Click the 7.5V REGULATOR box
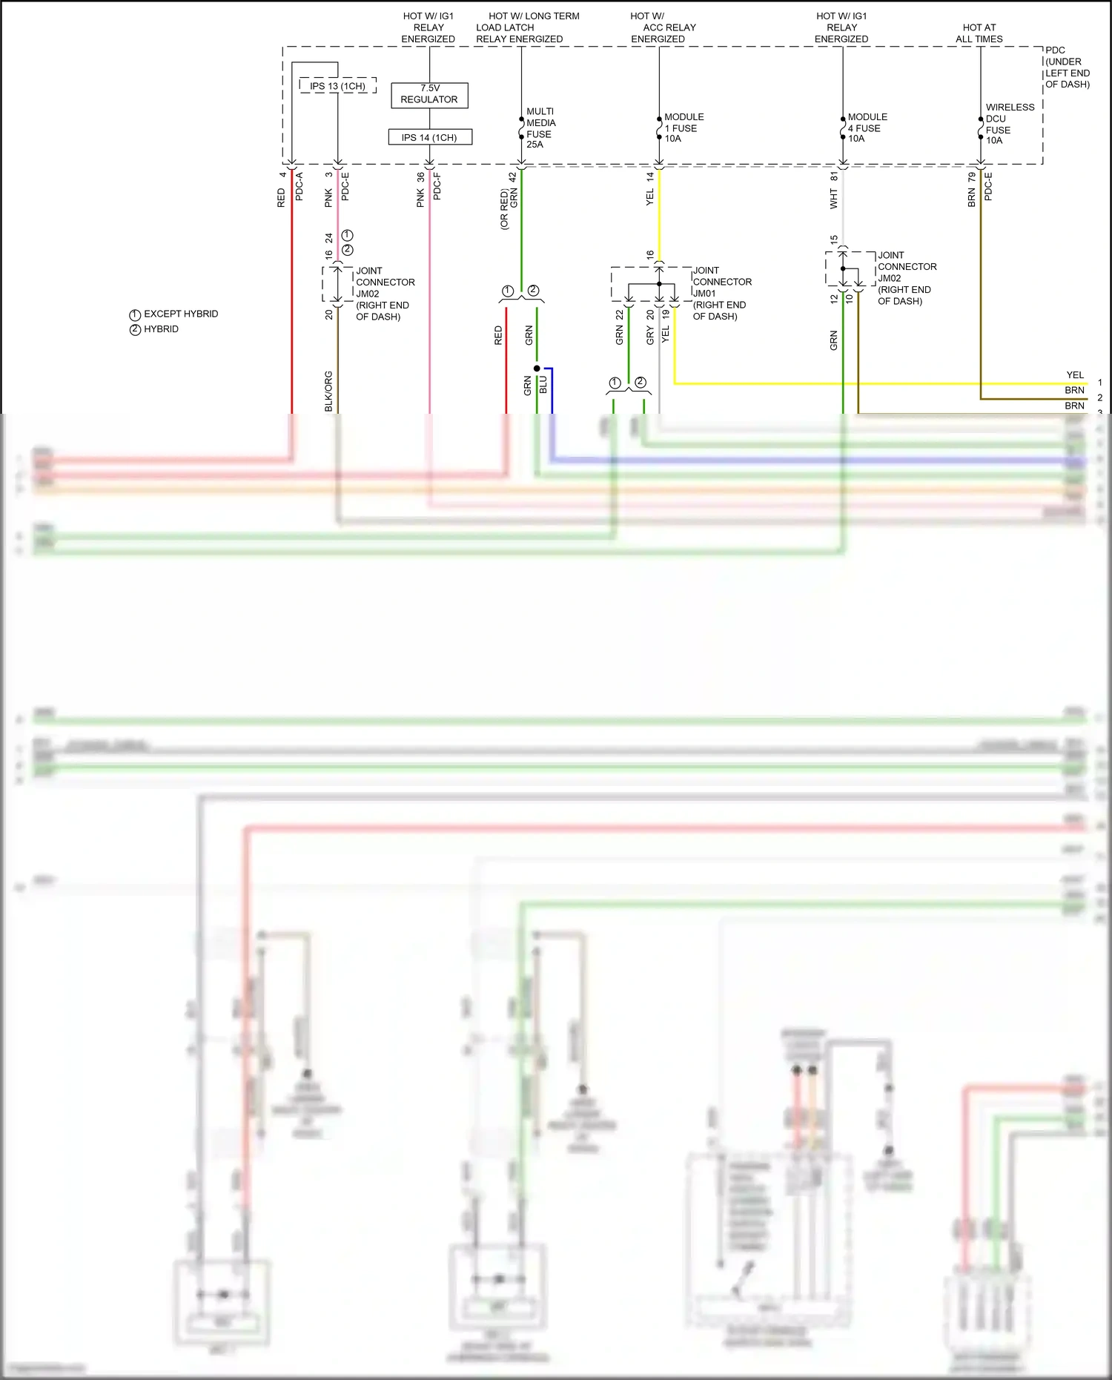(429, 94)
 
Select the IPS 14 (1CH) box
(429, 137)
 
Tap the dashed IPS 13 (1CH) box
(337, 86)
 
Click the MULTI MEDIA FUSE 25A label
(540, 128)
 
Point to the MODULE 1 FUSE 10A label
(684, 128)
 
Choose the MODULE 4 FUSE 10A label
(867, 128)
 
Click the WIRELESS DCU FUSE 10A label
(1009, 124)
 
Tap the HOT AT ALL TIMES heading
(979, 33)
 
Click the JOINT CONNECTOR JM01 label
(721, 293)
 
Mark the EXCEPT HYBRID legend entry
(174, 314)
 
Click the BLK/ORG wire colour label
(328, 391)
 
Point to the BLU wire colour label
(543, 385)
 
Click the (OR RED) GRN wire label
(509, 202)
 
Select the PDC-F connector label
(437, 186)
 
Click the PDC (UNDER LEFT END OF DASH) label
(1067, 67)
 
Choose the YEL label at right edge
(1074, 375)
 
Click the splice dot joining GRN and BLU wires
(537, 368)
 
